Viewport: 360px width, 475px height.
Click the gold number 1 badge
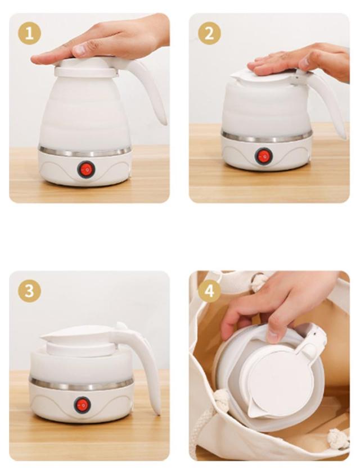(x=29, y=33)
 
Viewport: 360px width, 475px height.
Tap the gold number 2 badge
(x=209, y=33)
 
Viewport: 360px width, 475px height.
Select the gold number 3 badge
(x=29, y=291)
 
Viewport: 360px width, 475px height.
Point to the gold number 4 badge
(x=209, y=291)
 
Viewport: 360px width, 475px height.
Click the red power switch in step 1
(x=86, y=169)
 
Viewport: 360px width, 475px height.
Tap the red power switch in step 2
(x=263, y=156)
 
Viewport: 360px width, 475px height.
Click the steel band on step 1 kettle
(x=85, y=151)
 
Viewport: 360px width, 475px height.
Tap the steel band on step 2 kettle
(x=267, y=137)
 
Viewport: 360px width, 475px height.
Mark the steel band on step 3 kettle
(x=81, y=384)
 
